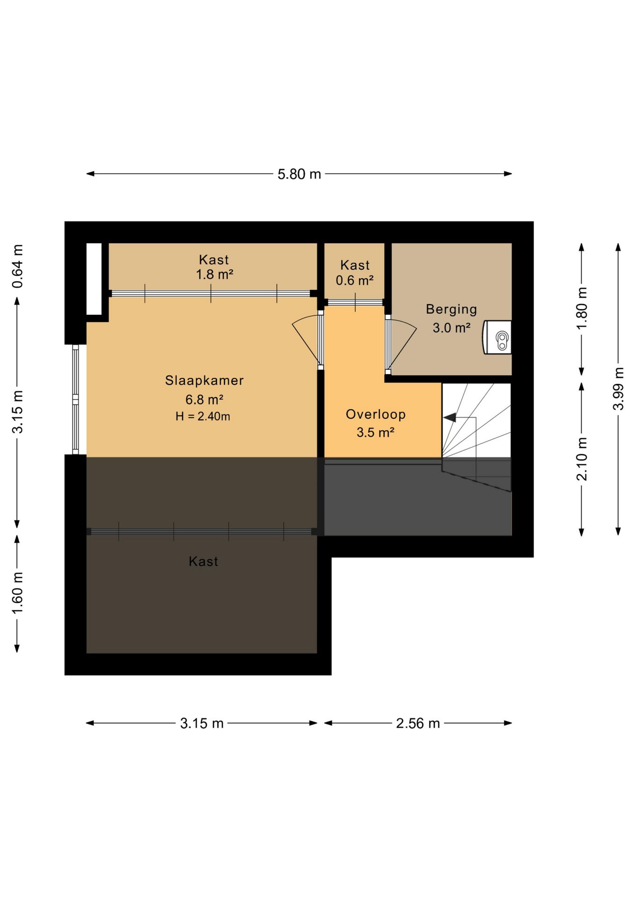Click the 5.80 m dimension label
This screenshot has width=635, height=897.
(299, 174)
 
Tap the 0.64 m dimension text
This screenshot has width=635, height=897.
(17, 266)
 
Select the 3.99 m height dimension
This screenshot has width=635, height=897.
(618, 389)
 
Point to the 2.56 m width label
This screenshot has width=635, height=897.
(418, 724)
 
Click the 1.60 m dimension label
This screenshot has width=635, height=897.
(17, 593)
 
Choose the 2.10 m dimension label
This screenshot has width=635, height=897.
(582, 459)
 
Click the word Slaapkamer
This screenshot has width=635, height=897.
(204, 381)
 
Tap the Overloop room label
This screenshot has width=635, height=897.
(375, 414)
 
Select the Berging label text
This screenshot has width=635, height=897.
(451, 310)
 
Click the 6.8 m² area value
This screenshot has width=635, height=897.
(204, 400)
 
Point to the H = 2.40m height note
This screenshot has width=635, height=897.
(203, 416)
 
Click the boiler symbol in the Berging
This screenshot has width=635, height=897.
(497, 337)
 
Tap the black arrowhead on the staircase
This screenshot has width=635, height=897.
(449, 418)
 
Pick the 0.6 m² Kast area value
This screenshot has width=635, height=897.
(354, 281)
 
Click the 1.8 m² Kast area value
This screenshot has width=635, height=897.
(214, 275)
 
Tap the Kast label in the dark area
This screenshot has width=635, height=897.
(203, 561)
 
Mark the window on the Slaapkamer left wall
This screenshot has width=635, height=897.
(75, 399)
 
